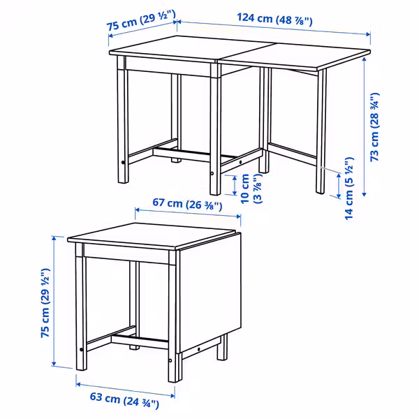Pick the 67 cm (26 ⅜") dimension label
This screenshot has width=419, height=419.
click(x=186, y=205)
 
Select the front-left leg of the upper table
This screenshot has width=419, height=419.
click(x=124, y=126)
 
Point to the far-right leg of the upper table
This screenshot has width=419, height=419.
click(x=321, y=133)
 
